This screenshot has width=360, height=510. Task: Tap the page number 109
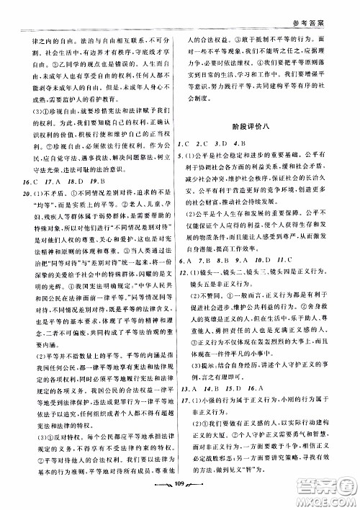[x=181, y=496]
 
